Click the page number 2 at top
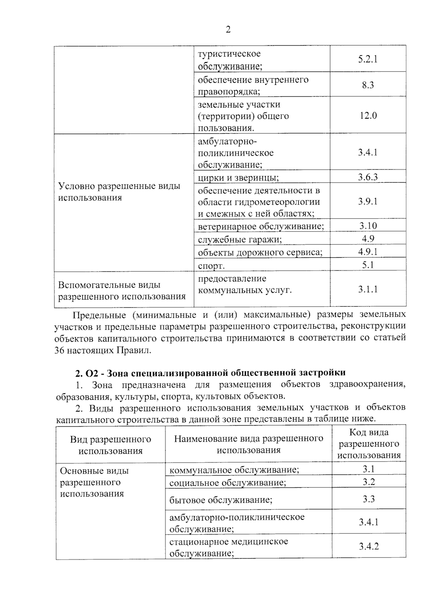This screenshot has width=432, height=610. click(228, 30)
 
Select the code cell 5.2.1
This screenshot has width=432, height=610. click(368, 59)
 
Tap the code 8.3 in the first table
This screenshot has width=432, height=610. click(368, 85)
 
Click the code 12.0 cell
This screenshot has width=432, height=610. click(368, 116)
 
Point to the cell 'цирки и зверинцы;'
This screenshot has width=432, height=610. click(238, 178)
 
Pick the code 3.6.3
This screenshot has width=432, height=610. click(368, 177)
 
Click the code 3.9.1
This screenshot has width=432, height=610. click(368, 201)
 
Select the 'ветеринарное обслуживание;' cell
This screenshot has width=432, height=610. click(261, 226)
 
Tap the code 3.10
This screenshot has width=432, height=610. click(368, 226)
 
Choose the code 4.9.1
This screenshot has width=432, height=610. click(368, 252)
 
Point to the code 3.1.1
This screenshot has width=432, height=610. click(368, 289)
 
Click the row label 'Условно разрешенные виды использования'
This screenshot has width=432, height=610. click(119, 192)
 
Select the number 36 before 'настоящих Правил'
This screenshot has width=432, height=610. click(59, 350)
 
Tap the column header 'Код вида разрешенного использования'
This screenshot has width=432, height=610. click(369, 444)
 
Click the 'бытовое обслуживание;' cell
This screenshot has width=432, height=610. click(221, 500)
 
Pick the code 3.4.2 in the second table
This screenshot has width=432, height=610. click(369, 546)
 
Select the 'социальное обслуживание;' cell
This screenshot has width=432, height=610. click(228, 483)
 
